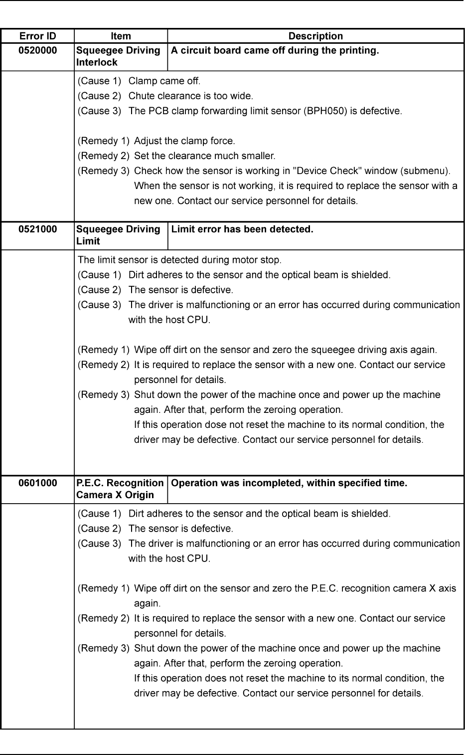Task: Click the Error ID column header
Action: coord(37,36)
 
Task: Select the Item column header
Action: coord(121,36)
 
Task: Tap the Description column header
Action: coord(315,36)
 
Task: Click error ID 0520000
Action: coord(37,50)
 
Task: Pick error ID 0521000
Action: coord(37,229)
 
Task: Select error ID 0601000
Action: coord(37,483)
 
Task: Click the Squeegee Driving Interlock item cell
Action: coord(118,56)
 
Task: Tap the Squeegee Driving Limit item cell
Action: coord(118,235)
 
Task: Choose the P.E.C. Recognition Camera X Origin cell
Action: coord(120,489)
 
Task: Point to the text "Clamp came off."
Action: coord(164,81)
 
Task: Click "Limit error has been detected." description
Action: coord(242,229)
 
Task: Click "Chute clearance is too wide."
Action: coord(191,96)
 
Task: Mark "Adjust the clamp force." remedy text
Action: coord(184,141)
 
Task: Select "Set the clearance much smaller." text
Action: coord(204,156)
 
